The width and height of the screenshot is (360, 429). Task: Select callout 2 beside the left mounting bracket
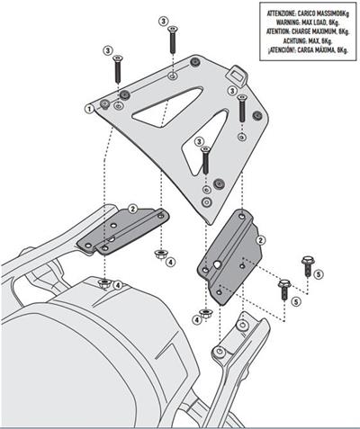pos(132,208)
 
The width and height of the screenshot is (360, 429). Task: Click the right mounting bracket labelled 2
pos(232,256)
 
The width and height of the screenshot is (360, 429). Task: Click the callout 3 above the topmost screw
pos(162,20)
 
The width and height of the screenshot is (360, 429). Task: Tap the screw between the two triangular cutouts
pos(206,160)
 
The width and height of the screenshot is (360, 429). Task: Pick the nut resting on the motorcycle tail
pos(105,285)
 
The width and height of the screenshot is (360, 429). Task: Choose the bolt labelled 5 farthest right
pos(307,266)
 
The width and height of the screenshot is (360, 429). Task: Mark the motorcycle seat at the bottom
pos(54,360)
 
